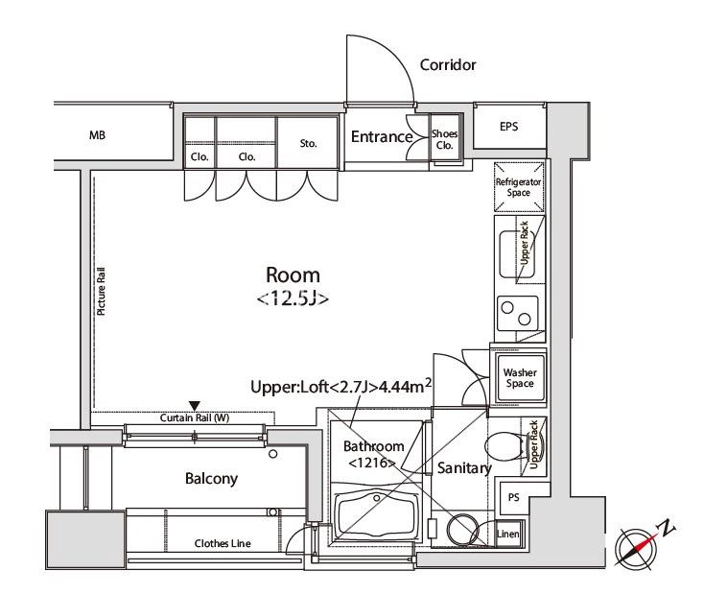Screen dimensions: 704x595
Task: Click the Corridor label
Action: point(448,65)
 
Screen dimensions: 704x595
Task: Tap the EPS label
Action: point(508,127)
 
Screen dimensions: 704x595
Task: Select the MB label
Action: point(98,135)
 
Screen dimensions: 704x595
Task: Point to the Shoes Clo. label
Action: point(444,139)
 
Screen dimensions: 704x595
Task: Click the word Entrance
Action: point(382,136)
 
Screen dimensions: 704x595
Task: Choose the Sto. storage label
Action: point(309,144)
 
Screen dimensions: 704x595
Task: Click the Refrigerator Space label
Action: point(519,187)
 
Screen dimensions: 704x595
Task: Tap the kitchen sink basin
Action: point(517,254)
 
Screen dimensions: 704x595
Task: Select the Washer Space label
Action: point(520,378)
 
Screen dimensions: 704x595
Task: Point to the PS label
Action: point(514,497)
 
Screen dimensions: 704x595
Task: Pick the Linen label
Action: point(508,534)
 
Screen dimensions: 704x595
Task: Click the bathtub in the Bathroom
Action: point(377,515)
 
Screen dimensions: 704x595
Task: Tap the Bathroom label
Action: point(373,446)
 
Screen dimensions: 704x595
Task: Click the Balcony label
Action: point(211,479)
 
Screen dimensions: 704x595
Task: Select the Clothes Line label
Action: point(223,544)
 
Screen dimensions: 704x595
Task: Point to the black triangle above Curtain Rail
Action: point(195,406)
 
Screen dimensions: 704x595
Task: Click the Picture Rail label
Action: point(101,292)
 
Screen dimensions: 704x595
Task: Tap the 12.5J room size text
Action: point(293,298)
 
